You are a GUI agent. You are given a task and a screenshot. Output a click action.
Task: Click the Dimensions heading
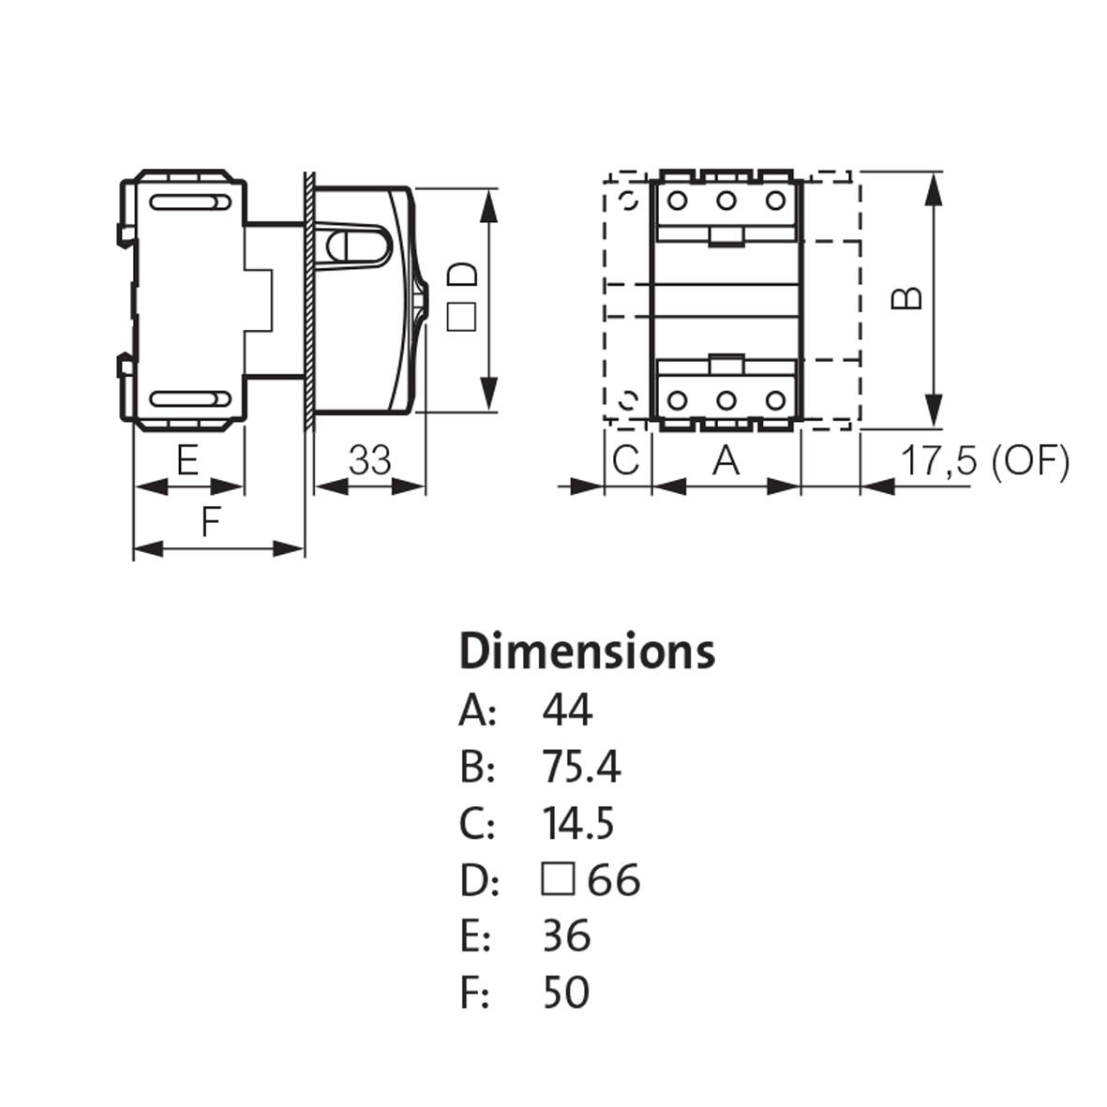[x=587, y=652]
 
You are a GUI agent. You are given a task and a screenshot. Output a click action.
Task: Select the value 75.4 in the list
[x=581, y=768]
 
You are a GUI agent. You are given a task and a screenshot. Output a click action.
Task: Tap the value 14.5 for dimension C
[x=578, y=824]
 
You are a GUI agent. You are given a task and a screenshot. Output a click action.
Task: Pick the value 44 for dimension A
[x=567, y=711]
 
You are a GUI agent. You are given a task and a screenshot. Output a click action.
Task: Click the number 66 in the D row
[x=614, y=880]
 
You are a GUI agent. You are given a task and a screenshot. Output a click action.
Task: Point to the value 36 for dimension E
[x=566, y=936]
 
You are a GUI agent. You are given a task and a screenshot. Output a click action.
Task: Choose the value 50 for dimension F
[x=566, y=993]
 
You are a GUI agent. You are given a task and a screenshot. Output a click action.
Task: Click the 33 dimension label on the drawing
[x=369, y=461]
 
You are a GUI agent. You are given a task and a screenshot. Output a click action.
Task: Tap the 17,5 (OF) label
[x=983, y=461]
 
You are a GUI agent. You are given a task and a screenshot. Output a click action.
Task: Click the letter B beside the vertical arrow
[x=906, y=298]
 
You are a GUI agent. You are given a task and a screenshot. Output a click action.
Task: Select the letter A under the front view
[x=726, y=461]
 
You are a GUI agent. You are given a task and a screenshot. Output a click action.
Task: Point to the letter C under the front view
[x=625, y=461]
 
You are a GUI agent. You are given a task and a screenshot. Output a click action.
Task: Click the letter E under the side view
[x=187, y=461]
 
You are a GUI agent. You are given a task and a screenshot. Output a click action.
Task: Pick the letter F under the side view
[x=211, y=521]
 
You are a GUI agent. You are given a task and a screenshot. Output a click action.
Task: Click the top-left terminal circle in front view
[x=677, y=201]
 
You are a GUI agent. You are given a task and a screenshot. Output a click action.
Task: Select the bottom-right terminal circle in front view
[x=774, y=401]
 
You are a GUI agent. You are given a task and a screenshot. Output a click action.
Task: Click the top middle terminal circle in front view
[x=726, y=201]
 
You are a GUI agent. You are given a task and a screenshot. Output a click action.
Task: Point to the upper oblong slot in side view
[x=188, y=202]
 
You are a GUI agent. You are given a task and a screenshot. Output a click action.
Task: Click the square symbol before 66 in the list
[x=557, y=880]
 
